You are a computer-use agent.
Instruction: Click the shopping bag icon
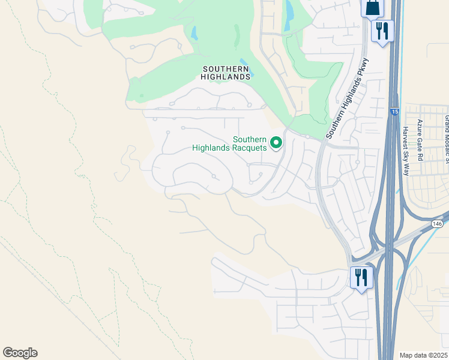(372, 8)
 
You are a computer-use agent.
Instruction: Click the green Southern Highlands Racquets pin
(276, 142)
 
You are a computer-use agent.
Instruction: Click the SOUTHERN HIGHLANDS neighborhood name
(226, 73)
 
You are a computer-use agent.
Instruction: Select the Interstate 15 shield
(394, 112)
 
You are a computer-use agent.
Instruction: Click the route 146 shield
(437, 223)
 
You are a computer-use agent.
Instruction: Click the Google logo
(20, 353)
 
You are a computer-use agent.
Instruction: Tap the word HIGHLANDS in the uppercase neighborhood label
(226, 77)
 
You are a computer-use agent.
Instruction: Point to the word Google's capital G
(8, 353)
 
